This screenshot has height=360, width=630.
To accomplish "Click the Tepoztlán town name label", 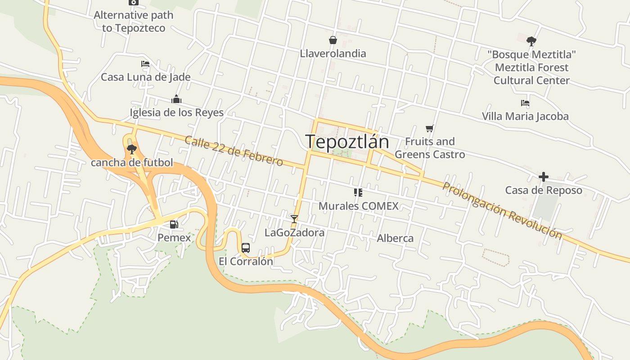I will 347,142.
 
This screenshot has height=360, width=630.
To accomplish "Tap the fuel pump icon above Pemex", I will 174,224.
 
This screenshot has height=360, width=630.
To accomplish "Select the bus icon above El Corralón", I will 246,247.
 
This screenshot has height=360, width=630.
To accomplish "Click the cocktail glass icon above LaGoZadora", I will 294,219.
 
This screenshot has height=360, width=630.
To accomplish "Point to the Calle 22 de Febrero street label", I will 234,151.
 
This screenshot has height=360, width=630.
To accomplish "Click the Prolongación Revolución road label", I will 502,211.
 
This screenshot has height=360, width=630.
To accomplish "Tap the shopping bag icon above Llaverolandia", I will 333,40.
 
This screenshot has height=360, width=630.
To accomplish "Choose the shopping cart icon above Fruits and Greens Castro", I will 430,128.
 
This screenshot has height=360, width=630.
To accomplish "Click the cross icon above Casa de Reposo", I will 544,176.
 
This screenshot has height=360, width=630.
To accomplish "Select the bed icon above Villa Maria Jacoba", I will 525,103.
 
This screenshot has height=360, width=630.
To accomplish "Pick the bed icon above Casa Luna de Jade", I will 145,64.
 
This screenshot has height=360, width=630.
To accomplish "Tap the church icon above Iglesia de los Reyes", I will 176,99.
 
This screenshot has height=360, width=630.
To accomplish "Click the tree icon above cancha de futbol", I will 132,149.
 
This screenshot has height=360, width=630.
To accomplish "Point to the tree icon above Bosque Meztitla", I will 531,41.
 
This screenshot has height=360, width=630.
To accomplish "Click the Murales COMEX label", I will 359,206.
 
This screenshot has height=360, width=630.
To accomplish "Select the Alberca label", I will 395,238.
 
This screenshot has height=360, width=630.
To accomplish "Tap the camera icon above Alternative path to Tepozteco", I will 133,2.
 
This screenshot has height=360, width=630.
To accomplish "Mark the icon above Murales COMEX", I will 358,193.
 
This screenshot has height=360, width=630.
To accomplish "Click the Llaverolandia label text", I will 333,54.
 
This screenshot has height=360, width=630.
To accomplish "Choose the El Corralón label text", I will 246,261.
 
